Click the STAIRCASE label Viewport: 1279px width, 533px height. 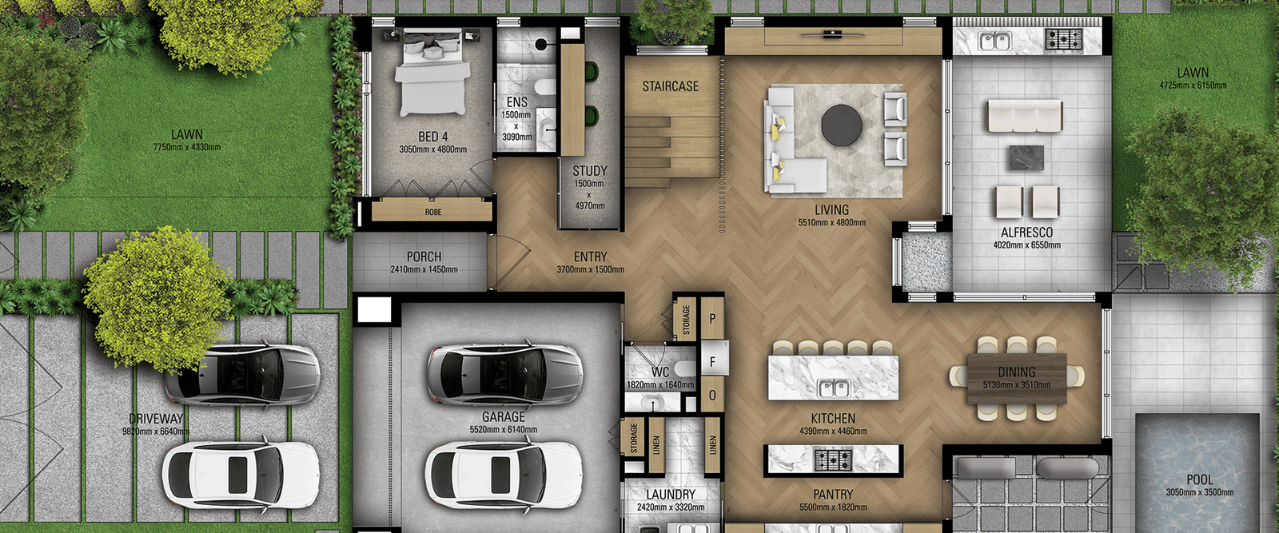pyautogui.click(x=670, y=86)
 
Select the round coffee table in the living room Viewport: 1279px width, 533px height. pyautogui.click(x=842, y=126)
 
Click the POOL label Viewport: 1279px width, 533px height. pyautogui.click(x=1199, y=479)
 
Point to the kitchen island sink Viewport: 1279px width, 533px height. pyautogui.click(x=833, y=389)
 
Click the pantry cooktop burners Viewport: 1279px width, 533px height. pyautogui.click(x=833, y=459)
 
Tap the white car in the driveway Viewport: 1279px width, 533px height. pyautogui.click(x=240, y=471)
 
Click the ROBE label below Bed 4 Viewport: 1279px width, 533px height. pyautogui.click(x=432, y=213)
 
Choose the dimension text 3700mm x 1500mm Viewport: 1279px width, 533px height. pyautogui.click(x=590, y=270)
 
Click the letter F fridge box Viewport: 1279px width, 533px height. pyautogui.click(x=712, y=362)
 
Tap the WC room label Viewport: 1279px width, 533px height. pyautogui.click(x=660, y=372)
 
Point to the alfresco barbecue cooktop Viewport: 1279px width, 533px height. pyautogui.click(x=1063, y=38)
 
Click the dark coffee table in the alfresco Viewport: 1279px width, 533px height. pyautogui.click(x=1026, y=157)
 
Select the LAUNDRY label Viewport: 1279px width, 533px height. pyautogui.click(x=670, y=495)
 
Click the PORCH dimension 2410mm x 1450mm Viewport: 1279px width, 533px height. pyautogui.click(x=424, y=270)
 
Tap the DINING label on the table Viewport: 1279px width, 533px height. pyautogui.click(x=1016, y=372)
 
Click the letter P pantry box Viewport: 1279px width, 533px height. pyautogui.click(x=712, y=318)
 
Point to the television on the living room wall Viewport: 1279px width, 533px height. pyautogui.click(x=832, y=34)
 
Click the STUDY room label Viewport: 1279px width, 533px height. pyautogui.click(x=589, y=171)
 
